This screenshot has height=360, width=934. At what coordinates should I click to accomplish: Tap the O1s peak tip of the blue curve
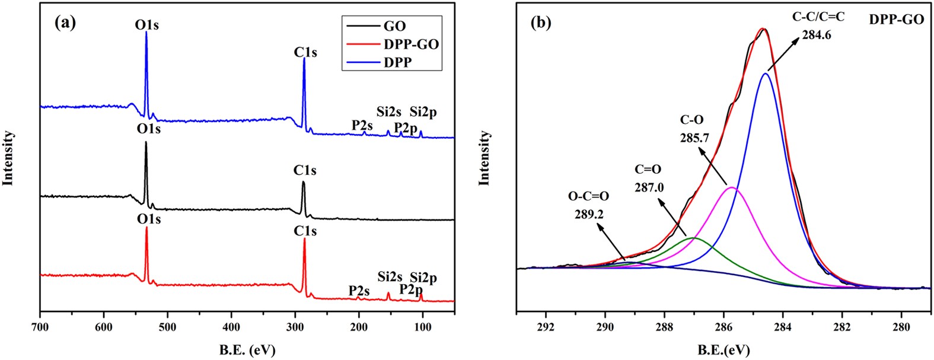pos(146,33)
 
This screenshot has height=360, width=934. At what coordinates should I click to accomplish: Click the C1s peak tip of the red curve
pos(304,239)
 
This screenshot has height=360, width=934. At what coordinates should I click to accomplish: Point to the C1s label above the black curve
pos(305,171)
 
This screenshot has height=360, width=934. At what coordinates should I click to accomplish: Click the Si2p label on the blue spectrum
pos(423,113)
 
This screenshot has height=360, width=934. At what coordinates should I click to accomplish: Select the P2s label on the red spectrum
pos(359,291)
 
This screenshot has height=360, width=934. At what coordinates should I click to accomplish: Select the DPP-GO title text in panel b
pos(896,20)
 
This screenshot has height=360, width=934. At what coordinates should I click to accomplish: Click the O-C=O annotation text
pos(588,196)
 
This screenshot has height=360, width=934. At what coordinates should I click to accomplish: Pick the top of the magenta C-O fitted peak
pos(732,187)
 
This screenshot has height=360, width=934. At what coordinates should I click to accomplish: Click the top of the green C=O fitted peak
pos(694,237)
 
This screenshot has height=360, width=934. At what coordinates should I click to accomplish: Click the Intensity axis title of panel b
pos(485,158)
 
